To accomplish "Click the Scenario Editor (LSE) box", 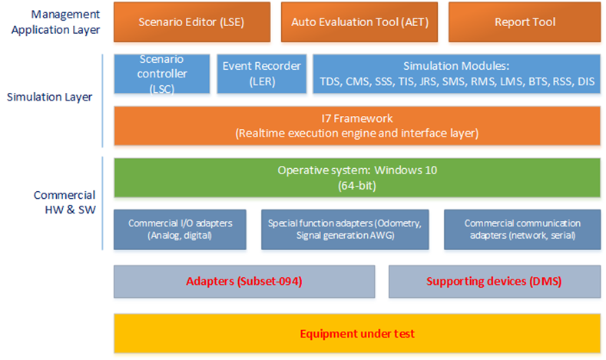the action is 192,22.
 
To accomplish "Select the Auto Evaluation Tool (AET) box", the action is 359,22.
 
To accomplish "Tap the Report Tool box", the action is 525,22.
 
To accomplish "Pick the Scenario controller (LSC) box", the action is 162,74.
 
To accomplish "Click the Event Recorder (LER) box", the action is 262,74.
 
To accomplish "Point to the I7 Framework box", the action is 357,126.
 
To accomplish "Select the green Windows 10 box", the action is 357,178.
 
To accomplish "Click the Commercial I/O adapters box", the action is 180,230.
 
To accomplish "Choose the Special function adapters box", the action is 345,230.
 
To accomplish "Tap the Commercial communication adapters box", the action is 522,230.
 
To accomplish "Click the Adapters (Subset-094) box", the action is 244,281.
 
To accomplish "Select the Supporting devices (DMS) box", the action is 495,281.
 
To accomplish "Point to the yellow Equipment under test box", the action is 357,333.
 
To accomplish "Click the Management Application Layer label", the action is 55,22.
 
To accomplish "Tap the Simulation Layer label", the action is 49,97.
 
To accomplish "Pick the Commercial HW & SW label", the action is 65,203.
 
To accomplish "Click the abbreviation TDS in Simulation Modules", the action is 329,82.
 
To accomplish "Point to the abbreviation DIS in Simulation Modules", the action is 586,82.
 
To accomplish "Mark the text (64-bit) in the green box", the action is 357,186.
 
